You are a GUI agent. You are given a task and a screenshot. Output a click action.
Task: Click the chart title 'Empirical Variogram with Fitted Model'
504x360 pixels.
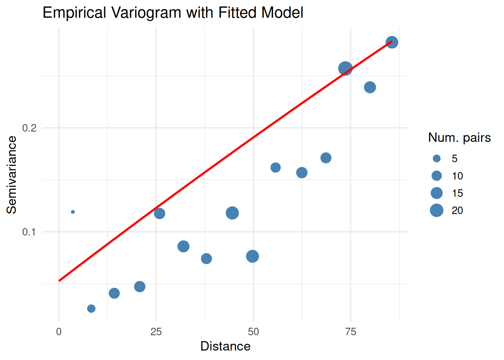coord(173,13)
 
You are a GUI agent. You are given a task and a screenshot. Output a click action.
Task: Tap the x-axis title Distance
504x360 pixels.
coord(225,346)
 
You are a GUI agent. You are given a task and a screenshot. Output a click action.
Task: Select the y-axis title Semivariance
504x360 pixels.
coord(12,175)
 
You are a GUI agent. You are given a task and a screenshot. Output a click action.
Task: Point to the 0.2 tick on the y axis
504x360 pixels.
coord(29,128)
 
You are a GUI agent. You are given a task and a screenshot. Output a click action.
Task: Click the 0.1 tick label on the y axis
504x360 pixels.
coord(29,232)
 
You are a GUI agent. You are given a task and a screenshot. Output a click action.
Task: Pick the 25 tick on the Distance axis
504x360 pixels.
coord(156,332)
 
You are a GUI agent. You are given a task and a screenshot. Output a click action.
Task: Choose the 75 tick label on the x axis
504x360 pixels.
coord(351,332)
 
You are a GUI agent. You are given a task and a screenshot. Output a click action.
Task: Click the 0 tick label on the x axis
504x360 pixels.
coord(59,332)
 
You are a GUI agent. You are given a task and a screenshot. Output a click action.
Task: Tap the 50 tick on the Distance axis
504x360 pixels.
coord(253,332)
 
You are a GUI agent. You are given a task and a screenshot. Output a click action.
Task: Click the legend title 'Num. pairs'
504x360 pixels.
coord(459,138)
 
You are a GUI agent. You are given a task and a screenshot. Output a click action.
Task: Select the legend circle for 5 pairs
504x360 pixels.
coord(436,159)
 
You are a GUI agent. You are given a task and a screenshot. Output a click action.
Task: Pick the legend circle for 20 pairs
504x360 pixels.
coord(436,210)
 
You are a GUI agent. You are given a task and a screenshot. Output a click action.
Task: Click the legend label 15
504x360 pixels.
coord(457,193)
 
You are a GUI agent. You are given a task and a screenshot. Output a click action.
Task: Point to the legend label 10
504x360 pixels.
coord(457,176)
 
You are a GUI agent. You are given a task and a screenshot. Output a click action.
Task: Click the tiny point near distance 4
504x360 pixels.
coord(73,212)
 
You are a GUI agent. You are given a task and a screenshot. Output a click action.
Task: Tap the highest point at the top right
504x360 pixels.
coord(392,42)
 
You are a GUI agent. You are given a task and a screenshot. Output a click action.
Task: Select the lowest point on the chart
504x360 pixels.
coord(91,309)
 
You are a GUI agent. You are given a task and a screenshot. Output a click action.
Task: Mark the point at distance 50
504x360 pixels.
coord(252,256)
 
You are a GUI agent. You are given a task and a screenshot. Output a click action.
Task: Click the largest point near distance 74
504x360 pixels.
coord(345,69)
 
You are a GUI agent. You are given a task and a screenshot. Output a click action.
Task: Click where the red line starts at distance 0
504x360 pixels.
coord(59,280)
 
